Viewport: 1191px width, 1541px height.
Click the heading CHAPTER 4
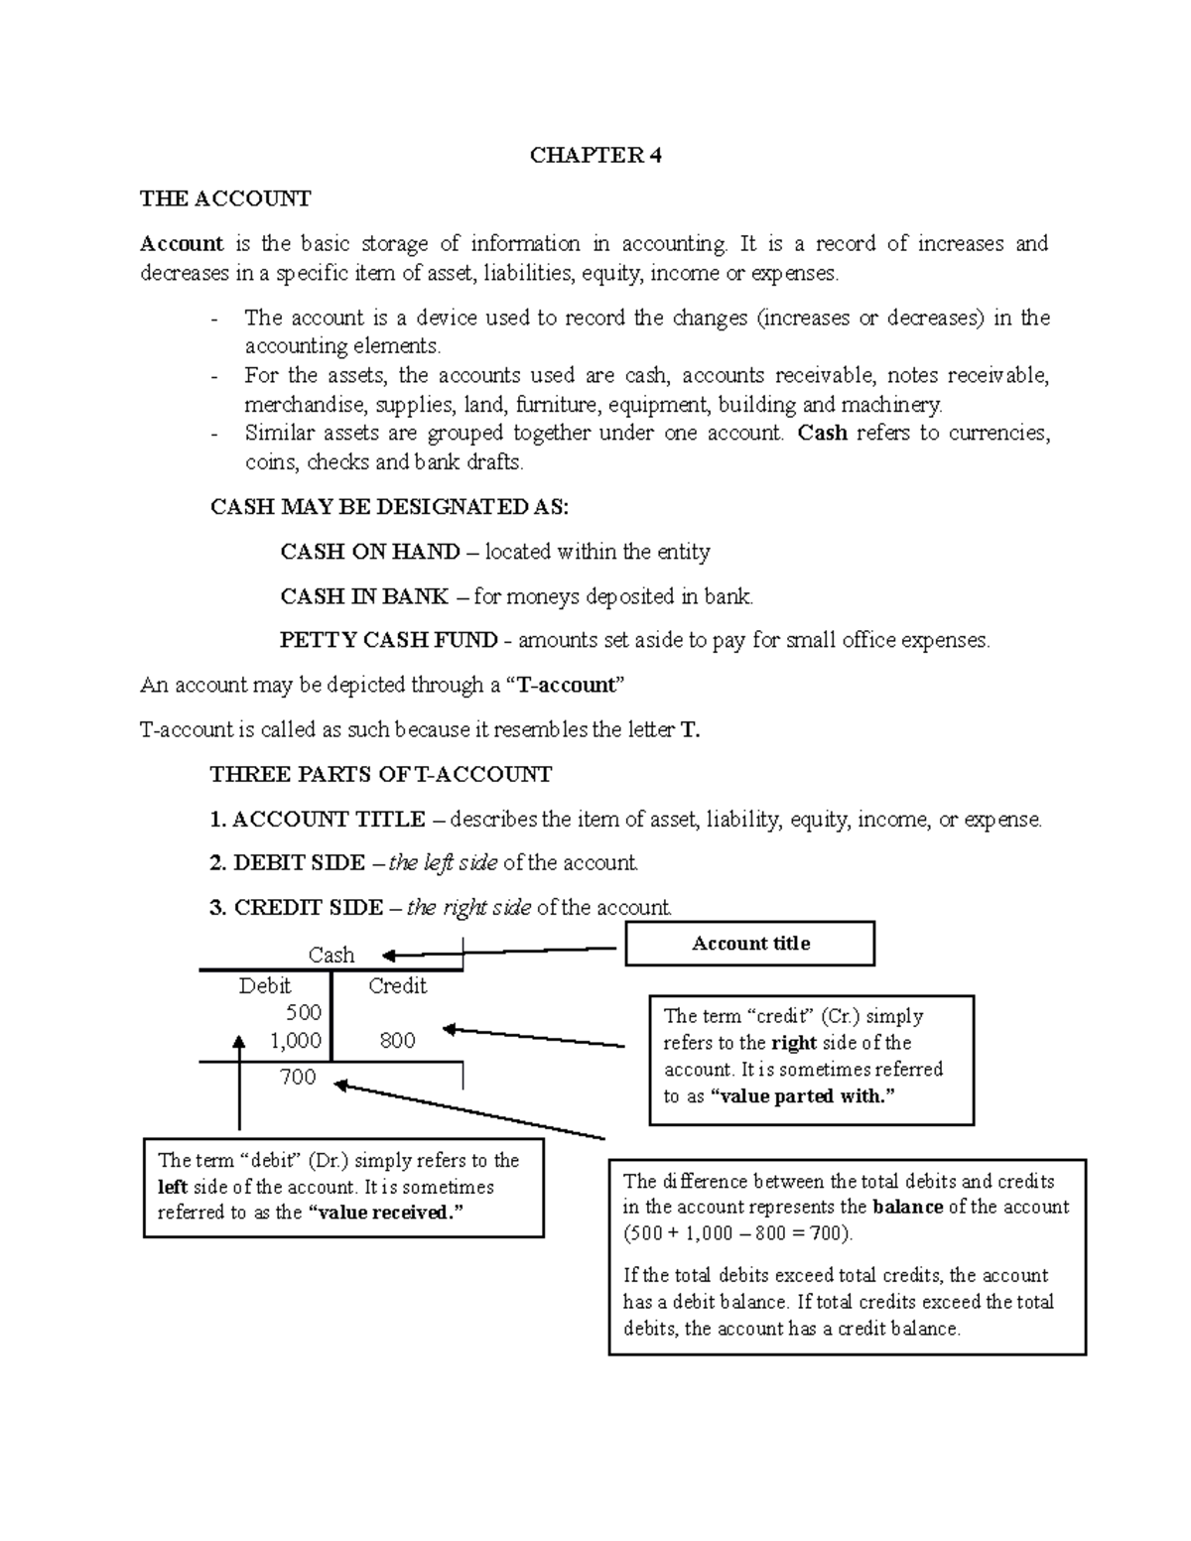click(x=595, y=155)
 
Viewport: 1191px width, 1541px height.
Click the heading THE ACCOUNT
click(x=225, y=198)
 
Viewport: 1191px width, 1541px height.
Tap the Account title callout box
click(x=749, y=944)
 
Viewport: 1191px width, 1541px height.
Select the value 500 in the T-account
click(x=303, y=1012)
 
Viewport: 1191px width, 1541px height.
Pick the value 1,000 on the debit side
click(x=295, y=1040)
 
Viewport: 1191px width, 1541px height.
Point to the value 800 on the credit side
click(x=397, y=1040)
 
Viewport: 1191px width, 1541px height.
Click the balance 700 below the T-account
click(x=298, y=1077)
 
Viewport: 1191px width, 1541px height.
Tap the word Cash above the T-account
click(x=331, y=955)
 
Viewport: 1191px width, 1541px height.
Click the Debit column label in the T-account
click(x=264, y=985)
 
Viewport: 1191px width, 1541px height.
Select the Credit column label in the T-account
click(x=397, y=985)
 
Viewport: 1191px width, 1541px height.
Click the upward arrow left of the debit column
click(x=238, y=1082)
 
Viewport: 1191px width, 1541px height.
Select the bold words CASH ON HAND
click(x=370, y=552)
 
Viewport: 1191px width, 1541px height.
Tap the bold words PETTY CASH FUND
click(x=389, y=640)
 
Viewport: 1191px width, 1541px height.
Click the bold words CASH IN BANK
click(x=364, y=596)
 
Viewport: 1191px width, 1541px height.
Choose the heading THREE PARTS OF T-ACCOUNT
click(x=381, y=774)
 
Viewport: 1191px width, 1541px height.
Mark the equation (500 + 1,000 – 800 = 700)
click(x=737, y=1233)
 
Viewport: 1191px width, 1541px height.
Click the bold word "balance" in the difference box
click(x=907, y=1208)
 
